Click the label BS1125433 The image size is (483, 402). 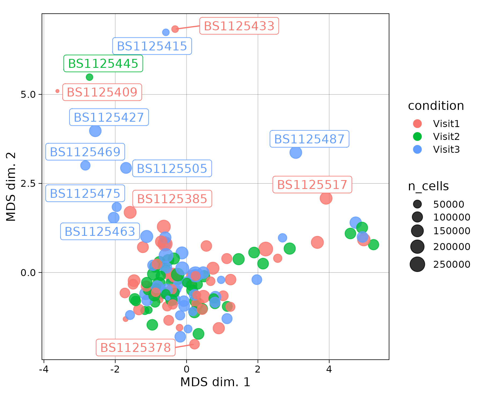pyautogui.click(x=239, y=26)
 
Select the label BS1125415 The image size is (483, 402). pyautogui.click(x=152, y=46)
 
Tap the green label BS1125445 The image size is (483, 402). pyautogui.click(x=103, y=64)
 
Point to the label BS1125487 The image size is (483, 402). pyautogui.click(x=309, y=139)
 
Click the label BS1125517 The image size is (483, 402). pyautogui.click(x=312, y=185)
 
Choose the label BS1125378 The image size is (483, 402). pyautogui.click(x=136, y=348)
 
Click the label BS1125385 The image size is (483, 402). pyautogui.click(x=172, y=199)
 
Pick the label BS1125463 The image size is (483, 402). pyautogui.click(x=100, y=231)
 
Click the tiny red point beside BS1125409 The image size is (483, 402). pyautogui.click(x=57, y=91)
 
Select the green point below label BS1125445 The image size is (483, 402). pyautogui.click(x=89, y=77)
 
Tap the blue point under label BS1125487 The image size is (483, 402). pyautogui.click(x=295, y=152)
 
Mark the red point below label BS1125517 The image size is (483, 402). pyautogui.click(x=326, y=198)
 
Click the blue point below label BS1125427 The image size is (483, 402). pyautogui.click(x=95, y=131)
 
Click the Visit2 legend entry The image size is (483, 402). pyautogui.click(x=446, y=137)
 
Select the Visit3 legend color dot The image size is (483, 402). pyautogui.click(x=417, y=149)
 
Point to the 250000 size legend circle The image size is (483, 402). pyautogui.click(x=417, y=264)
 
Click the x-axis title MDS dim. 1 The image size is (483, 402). pyautogui.click(x=215, y=382)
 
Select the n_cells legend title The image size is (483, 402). pyautogui.click(x=428, y=186)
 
